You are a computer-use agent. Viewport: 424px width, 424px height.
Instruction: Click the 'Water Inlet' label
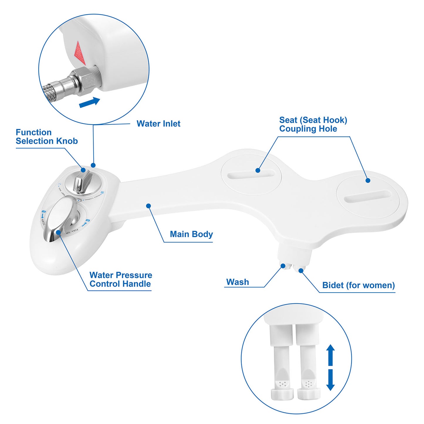(x=158, y=124)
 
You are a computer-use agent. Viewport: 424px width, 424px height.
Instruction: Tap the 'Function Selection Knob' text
(x=46, y=137)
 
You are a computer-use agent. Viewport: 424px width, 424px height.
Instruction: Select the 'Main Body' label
(x=191, y=234)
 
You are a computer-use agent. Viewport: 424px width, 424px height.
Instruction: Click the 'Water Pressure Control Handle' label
(x=121, y=279)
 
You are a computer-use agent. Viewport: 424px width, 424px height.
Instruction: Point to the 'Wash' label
(x=238, y=282)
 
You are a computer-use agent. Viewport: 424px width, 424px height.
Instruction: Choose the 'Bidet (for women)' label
(x=358, y=285)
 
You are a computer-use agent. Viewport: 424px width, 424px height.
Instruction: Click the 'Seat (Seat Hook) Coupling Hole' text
(x=313, y=124)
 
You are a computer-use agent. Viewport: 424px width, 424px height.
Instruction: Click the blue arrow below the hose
(x=89, y=102)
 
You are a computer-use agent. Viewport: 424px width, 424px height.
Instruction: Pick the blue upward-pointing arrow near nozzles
(x=330, y=354)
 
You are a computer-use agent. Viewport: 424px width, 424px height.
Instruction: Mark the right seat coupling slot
(x=368, y=196)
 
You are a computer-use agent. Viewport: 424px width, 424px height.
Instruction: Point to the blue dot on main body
(x=148, y=206)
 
